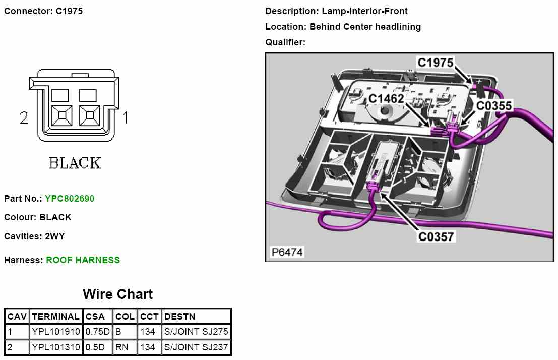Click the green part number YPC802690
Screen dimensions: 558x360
70,199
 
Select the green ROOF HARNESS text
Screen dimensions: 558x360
83,260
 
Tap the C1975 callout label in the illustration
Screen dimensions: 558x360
436,63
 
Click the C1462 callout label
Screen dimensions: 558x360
386,98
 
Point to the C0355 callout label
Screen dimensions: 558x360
494,105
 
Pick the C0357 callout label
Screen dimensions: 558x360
436,236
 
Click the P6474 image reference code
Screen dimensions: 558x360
287,252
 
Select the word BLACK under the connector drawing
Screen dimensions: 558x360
75,163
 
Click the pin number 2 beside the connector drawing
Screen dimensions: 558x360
24,118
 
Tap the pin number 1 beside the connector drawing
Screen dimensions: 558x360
126,118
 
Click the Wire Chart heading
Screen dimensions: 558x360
117,294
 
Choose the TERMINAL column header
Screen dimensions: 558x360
55,317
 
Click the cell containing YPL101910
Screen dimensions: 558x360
55,332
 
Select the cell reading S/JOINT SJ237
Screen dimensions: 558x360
196,347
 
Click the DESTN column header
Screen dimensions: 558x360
179,317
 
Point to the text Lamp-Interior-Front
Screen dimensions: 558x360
365,11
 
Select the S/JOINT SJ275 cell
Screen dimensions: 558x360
196,332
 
